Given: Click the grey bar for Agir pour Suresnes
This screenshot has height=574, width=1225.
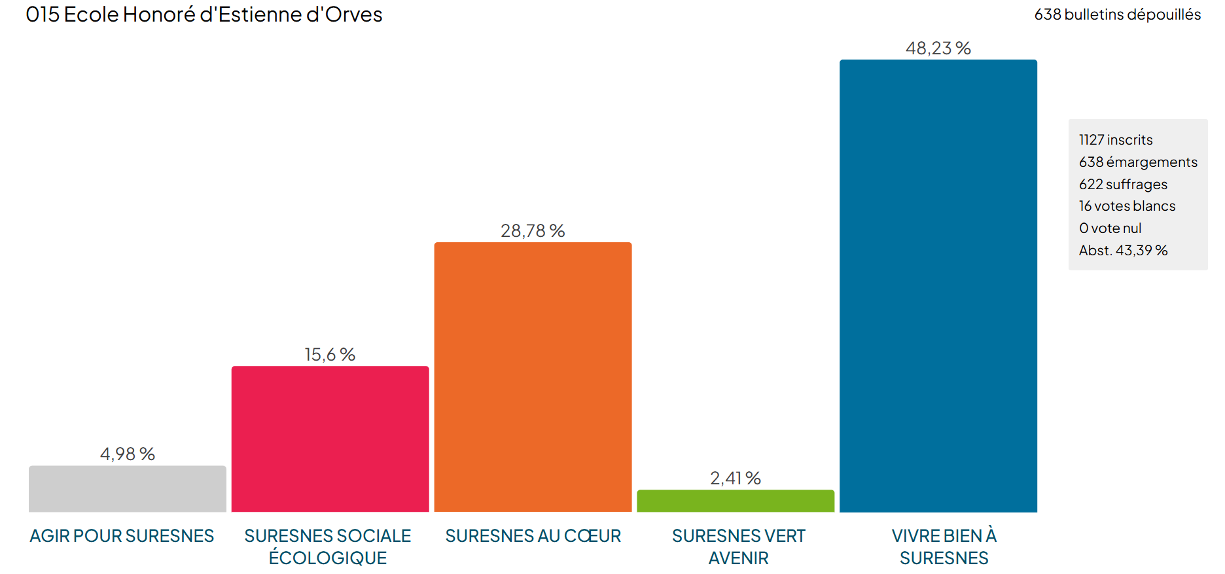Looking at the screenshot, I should pos(128,489).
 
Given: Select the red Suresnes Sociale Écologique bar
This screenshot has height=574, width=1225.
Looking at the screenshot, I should pos(330,439).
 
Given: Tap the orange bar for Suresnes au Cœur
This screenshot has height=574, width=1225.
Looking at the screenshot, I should pos(533,377).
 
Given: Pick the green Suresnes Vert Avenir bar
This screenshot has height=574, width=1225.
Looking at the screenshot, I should pos(736,501).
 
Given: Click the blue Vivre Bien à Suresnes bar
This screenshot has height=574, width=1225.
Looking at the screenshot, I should pos(938,286).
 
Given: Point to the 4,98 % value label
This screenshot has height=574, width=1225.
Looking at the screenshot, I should pos(128,454).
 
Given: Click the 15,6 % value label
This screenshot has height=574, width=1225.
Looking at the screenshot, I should pos(330,355).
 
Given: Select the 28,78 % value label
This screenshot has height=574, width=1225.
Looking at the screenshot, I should pos(533,231).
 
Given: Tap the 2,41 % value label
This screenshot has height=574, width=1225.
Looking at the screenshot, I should pos(736,478).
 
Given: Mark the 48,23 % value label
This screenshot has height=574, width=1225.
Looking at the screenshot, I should pos(938,48).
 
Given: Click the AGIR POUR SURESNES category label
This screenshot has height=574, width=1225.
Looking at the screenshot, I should pos(122,536).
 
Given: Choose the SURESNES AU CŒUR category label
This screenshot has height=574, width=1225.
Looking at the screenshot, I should pos(533,536).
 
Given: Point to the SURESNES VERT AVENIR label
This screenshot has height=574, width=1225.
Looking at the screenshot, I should pos(738,547).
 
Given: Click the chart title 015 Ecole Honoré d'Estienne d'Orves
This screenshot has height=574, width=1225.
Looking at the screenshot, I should pos(204,14).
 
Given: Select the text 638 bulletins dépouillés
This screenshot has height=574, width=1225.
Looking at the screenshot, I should pos(1117,14).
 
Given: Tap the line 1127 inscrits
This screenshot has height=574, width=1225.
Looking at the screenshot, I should pos(1116,140).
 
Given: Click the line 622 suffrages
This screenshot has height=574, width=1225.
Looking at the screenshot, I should pos(1123,185).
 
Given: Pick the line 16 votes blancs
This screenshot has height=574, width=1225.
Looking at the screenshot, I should pos(1127,206).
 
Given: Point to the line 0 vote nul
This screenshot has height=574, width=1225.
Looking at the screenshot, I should pos(1110,228).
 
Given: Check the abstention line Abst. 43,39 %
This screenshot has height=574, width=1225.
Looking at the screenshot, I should pos(1123,251).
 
